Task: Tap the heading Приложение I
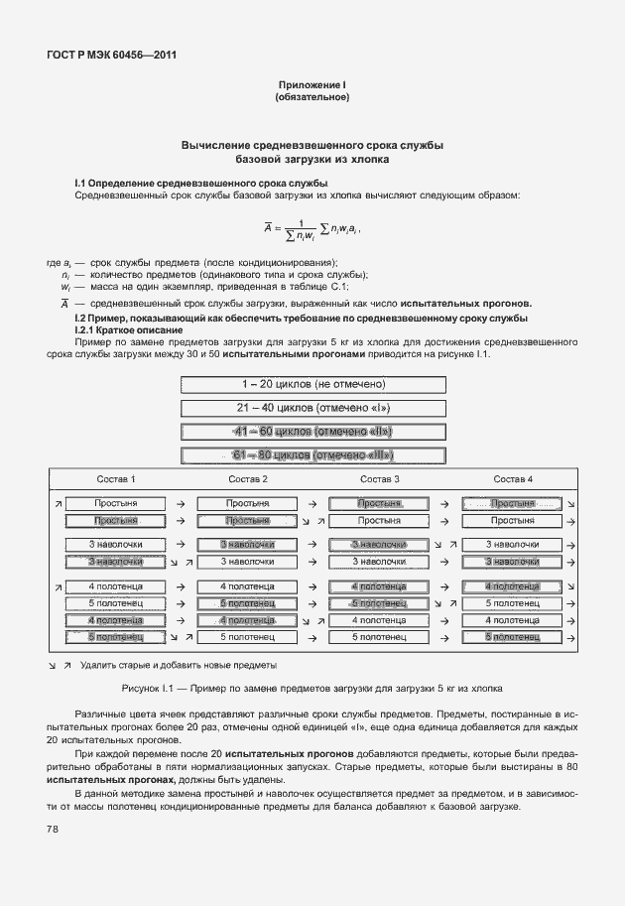(312, 85)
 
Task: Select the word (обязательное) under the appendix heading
(312, 97)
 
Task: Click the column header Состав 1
(116, 479)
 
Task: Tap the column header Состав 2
(247, 479)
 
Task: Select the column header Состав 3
(379, 479)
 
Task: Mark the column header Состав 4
(513, 479)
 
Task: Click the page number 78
(51, 830)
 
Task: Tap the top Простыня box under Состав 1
(115, 504)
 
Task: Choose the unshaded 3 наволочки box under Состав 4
(513, 544)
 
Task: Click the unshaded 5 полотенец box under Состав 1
(115, 602)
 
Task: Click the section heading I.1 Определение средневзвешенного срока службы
(201, 184)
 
